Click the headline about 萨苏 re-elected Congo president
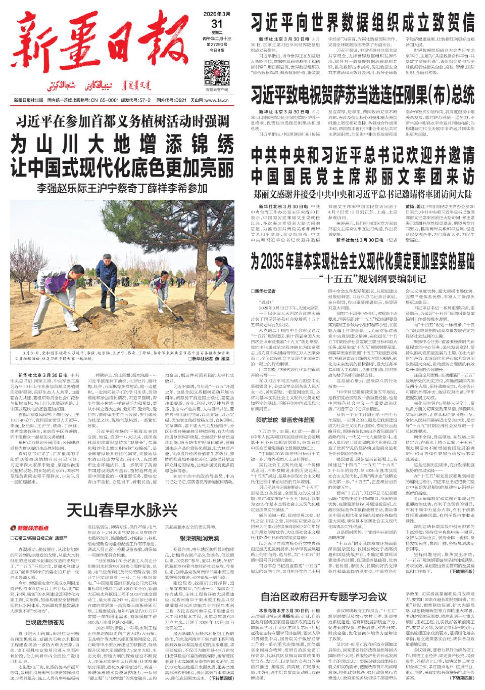tap(363, 94)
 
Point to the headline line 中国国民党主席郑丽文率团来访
tap(363, 176)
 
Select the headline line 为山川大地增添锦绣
tap(124, 146)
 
